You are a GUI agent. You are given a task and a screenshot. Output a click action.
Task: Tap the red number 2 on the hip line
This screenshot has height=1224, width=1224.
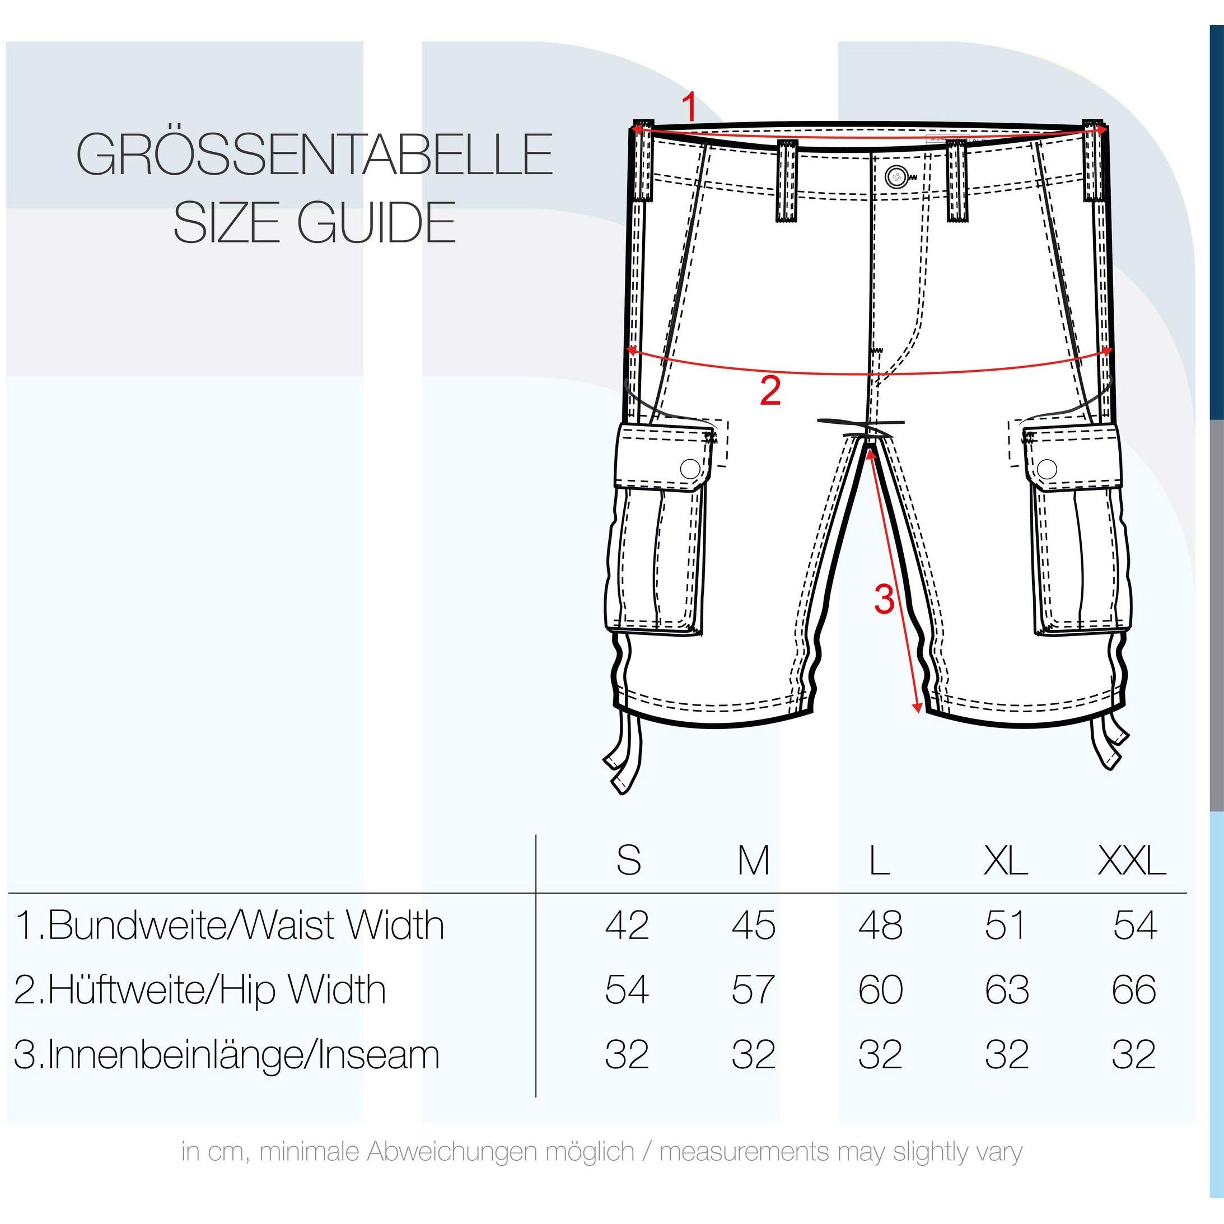(x=770, y=390)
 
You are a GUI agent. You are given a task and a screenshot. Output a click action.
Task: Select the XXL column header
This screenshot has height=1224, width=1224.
(x=1132, y=861)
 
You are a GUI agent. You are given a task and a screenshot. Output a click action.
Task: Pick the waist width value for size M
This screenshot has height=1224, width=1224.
(x=754, y=926)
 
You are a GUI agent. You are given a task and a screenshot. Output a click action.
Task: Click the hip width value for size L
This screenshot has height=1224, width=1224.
(x=881, y=989)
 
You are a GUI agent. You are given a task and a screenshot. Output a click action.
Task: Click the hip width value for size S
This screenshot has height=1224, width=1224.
(x=627, y=989)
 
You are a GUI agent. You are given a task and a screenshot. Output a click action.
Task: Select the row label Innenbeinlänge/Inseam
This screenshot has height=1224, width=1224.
(x=227, y=1055)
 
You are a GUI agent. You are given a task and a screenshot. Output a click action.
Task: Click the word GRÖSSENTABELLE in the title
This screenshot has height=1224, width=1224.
(x=315, y=154)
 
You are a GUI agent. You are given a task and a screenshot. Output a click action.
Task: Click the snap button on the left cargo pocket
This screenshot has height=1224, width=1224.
(x=690, y=469)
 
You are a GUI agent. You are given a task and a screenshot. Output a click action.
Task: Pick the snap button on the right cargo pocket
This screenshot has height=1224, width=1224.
(x=1047, y=469)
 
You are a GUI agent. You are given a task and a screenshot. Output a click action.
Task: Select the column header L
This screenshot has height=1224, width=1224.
(x=879, y=861)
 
